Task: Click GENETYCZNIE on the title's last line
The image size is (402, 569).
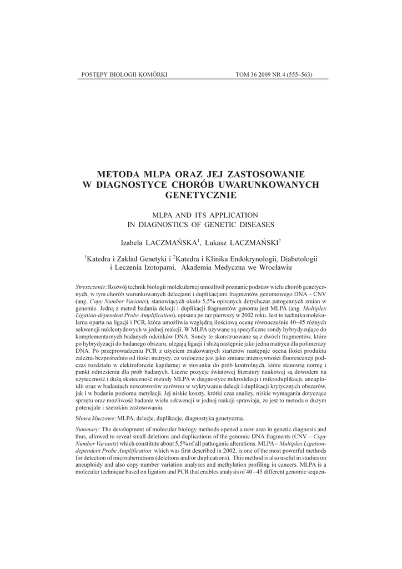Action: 201,195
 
